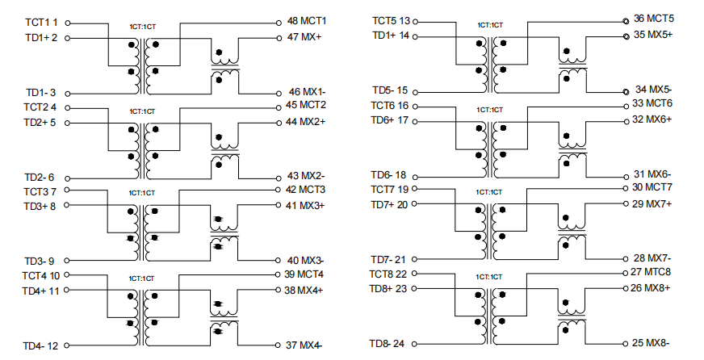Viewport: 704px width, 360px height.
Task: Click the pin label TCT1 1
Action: click(x=41, y=23)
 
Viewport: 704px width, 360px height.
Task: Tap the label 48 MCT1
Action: click(x=307, y=21)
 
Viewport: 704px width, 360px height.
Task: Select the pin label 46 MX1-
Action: click(x=307, y=92)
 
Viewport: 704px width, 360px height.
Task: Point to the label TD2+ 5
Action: click(x=40, y=123)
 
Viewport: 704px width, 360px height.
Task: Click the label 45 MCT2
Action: click(x=306, y=105)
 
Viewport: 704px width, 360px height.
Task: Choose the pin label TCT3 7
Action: click(x=40, y=191)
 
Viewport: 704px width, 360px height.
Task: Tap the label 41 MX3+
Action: click(x=305, y=206)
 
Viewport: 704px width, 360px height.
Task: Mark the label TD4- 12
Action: click(x=40, y=346)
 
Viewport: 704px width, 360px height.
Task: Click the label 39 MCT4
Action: click(x=304, y=274)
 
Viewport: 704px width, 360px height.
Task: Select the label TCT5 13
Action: click(x=391, y=21)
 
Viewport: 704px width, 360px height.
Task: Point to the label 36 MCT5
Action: click(x=654, y=19)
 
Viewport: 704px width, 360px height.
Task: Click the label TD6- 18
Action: click(x=388, y=174)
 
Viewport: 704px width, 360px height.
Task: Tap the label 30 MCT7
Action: click(x=652, y=187)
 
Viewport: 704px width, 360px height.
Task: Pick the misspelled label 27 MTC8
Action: click(x=651, y=272)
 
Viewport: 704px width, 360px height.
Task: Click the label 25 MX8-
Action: click(x=651, y=343)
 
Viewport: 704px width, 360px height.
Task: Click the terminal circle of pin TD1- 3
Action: click(x=67, y=94)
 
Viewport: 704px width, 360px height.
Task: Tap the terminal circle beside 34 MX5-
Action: click(x=626, y=92)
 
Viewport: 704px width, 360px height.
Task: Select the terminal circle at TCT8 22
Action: click(x=414, y=274)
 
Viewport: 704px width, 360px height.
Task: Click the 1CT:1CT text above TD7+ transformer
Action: click(x=489, y=192)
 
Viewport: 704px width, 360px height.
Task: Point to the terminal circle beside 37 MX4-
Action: click(x=279, y=345)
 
